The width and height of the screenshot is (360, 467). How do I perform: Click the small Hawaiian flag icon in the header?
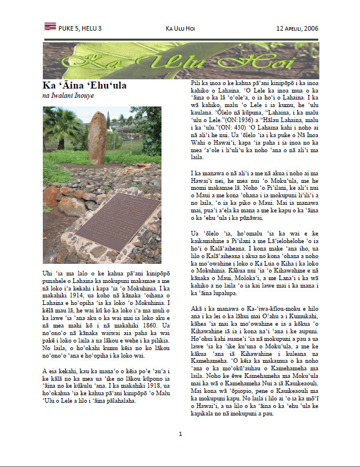[x=50, y=26]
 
